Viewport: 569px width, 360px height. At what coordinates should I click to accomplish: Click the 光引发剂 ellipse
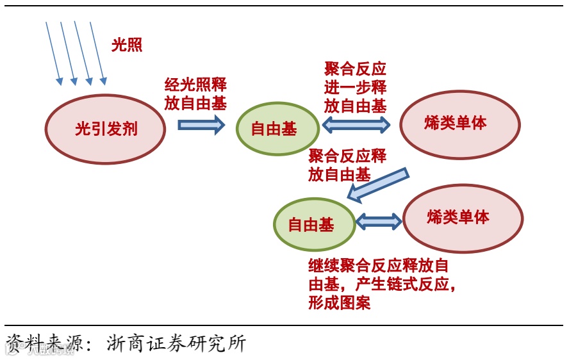(x=106, y=129)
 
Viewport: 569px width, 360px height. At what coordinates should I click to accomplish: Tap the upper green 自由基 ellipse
(x=277, y=129)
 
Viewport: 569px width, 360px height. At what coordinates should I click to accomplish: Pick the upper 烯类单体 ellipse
(x=459, y=124)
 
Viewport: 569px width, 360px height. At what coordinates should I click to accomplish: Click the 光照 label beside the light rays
(x=127, y=45)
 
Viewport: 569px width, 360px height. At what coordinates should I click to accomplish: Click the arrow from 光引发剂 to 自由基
(x=201, y=124)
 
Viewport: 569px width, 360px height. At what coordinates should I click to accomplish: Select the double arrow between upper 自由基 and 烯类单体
(x=356, y=124)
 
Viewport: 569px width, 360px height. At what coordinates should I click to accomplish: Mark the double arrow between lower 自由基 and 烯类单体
(x=378, y=222)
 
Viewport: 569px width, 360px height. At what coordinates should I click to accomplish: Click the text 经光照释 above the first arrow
(x=195, y=85)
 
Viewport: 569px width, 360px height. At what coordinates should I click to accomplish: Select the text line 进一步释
(x=356, y=88)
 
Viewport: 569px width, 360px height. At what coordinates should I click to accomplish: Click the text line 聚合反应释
(x=347, y=156)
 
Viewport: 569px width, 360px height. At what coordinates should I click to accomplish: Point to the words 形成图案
(x=339, y=302)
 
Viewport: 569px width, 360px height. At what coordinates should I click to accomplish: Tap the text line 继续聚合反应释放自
(x=378, y=265)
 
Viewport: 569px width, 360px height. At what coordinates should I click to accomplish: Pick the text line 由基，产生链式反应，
(x=383, y=284)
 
